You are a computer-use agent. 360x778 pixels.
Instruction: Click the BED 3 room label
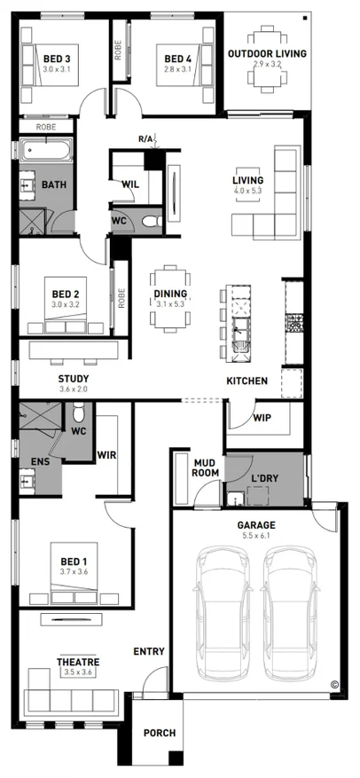click(57, 58)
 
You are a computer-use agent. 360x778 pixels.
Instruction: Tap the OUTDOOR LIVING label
click(267, 53)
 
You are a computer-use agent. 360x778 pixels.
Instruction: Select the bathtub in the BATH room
click(45, 150)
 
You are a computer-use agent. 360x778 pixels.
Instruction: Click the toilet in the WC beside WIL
click(152, 220)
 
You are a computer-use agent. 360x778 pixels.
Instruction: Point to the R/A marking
click(145, 139)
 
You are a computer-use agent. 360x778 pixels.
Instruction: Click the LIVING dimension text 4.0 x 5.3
click(247, 190)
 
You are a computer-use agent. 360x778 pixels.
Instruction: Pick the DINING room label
click(170, 294)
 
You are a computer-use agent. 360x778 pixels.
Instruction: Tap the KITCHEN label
click(247, 381)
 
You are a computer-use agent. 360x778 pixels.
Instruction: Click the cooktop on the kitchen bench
click(294, 323)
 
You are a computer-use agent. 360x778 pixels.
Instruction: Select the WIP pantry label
click(262, 418)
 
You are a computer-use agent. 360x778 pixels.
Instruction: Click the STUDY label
click(74, 380)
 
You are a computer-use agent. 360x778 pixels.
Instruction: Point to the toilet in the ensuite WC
click(78, 412)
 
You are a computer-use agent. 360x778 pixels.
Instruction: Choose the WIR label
click(106, 454)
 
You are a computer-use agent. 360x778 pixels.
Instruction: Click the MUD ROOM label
click(206, 468)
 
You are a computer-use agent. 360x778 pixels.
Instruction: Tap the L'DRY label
click(264, 479)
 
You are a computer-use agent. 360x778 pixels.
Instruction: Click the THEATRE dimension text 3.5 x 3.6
click(78, 672)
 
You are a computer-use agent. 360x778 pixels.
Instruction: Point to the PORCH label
click(160, 733)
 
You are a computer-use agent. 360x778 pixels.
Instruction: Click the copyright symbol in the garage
click(333, 684)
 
